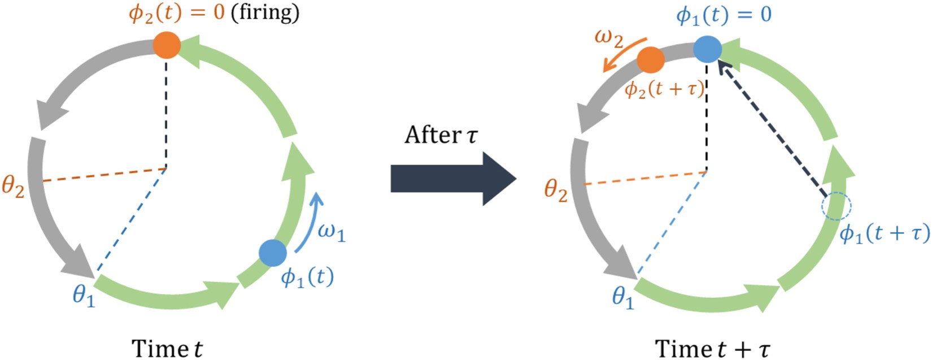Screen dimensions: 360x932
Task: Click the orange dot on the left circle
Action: point(167,45)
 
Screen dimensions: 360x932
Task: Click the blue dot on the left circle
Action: point(273,253)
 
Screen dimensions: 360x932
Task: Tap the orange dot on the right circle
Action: point(651,60)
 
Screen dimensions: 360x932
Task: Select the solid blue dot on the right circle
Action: point(707,49)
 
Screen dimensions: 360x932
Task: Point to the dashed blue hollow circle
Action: point(836,206)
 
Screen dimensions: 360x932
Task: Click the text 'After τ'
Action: point(441,135)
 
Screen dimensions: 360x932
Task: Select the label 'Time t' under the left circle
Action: point(167,348)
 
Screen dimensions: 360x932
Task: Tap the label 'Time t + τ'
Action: point(712,348)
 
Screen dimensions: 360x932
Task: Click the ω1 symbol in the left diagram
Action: point(332,232)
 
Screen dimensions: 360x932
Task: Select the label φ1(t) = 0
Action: point(724,14)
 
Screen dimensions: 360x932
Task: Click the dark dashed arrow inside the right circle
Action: point(771,129)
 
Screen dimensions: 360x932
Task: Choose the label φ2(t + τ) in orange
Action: point(665,89)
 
